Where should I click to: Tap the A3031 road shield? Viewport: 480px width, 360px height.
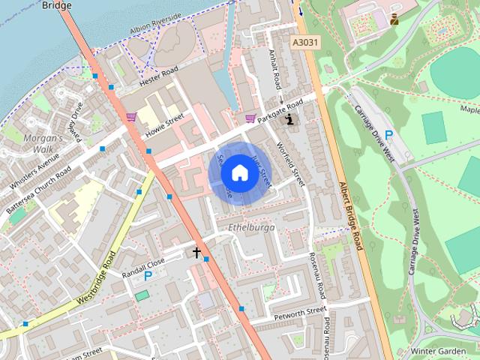pyautogui.click(x=304, y=43)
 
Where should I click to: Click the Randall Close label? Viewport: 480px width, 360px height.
pyautogui.click(x=143, y=264)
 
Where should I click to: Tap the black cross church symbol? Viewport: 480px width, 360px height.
pyautogui.click(x=198, y=253)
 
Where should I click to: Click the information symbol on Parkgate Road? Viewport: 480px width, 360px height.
pyautogui.click(x=291, y=118)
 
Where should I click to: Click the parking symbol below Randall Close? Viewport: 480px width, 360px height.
pyautogui.click(x=148, y=276)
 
